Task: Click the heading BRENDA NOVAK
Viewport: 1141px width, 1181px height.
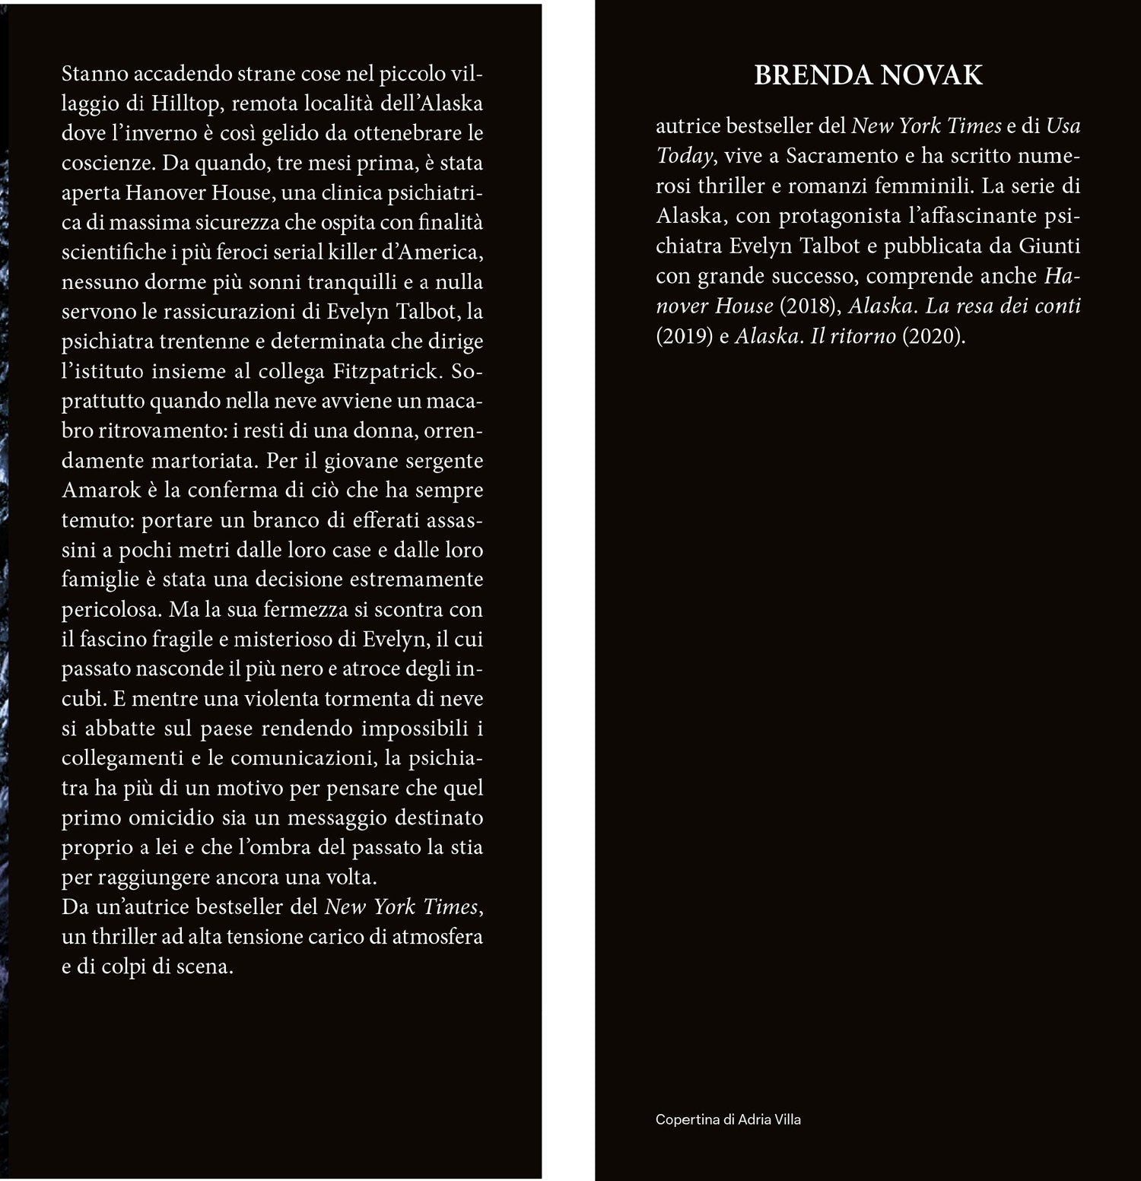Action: click(868, 75)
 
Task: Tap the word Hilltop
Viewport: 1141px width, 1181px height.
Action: click(185, 103)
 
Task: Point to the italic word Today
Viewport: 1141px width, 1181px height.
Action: click(685, 156)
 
